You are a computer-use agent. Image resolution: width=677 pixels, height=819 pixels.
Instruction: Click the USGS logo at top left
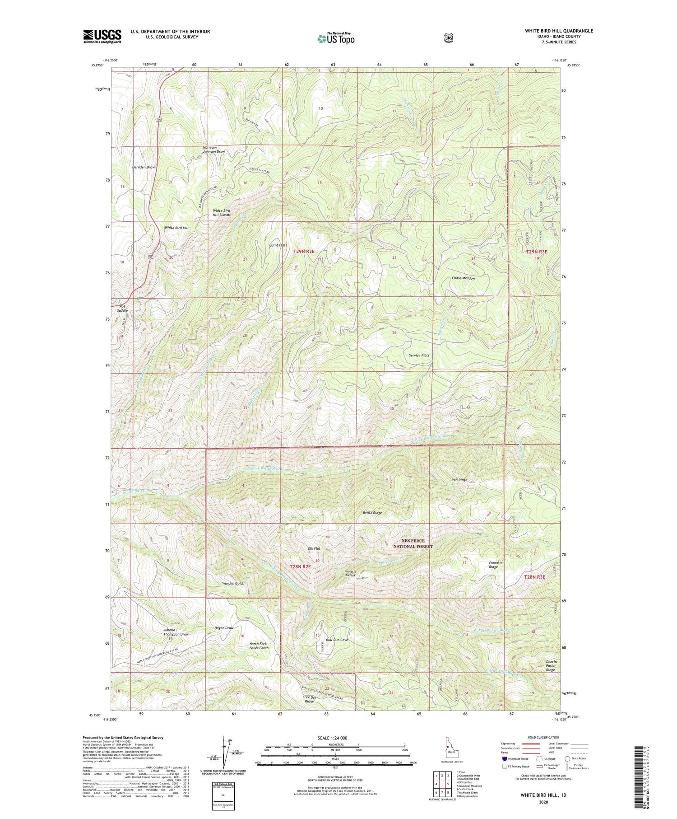click(x=102, y=36)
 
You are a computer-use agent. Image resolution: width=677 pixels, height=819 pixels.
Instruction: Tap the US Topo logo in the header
click(x=336, y=38)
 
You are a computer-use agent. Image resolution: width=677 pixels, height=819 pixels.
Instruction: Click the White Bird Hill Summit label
click(x=222, y=213)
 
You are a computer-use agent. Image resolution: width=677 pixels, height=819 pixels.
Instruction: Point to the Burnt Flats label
click(x=278, y=245)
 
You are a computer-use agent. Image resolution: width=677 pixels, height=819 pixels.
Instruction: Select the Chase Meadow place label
click(x=464, y=278)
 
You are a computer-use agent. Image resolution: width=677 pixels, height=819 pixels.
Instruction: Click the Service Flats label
click(x=419, y=355)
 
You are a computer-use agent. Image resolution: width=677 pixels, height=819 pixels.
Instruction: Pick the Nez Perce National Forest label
click(x=413, y=543)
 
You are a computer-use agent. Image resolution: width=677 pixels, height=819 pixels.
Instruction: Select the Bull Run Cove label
click(x=337, y=640)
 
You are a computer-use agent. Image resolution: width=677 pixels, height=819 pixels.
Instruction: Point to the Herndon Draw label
click(x=144, y=167)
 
